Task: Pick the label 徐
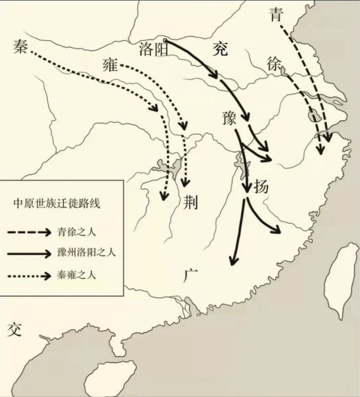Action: click(274, 65)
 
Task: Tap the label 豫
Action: click(231, 119)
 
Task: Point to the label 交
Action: click(13, 330)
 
